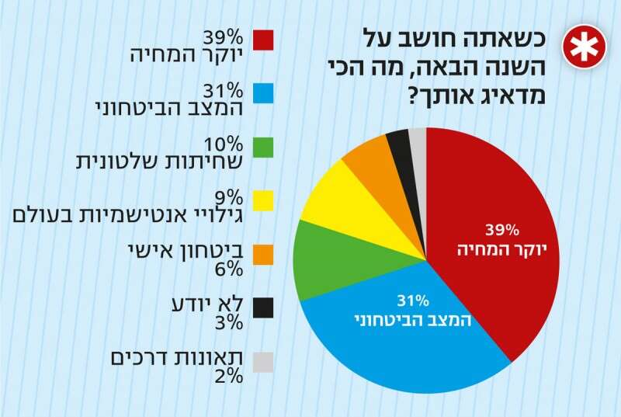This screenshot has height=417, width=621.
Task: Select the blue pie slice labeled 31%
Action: pyautogui.click(x=404, y=326)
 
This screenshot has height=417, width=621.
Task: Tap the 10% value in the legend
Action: pyautogui.click(x=224, y=145)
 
